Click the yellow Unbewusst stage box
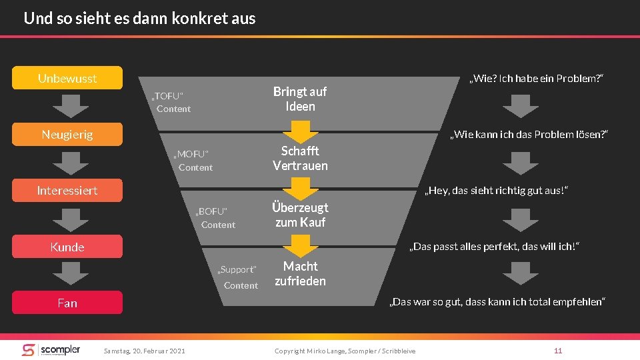(67, 78)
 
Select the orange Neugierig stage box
(67, 134)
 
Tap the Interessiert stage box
(67, 191)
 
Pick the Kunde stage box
(67, 247)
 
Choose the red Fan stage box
(67, 303)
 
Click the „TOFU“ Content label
(171, 102)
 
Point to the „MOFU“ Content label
(193, 161)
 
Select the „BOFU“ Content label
(215, 218)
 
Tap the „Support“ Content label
(238, 277)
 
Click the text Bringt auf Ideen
(300, 99)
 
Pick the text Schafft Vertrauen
(300, 158)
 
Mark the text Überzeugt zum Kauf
(300, 215)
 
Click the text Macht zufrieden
(300, 273)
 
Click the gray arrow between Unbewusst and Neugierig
(67, 105)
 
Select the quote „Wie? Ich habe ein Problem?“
(537, 79)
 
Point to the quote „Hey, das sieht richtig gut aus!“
(498, 191)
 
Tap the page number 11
(558, 351)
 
